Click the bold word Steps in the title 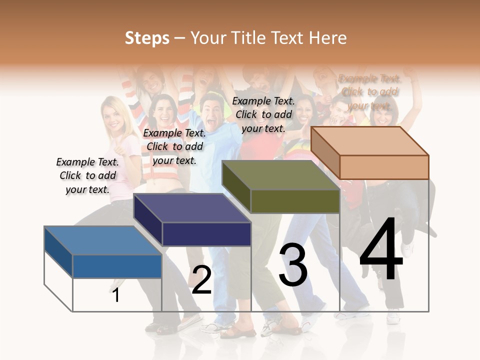point(147,38)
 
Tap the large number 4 point(381,249)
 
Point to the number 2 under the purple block point(201,280)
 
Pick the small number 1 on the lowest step point(116,295)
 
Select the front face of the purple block point(206,234)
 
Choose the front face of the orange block point(384,167)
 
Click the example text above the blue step point(87,176)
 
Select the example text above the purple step point(174,147)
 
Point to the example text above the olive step point(263,114)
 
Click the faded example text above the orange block point(369,92)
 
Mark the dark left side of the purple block point(148,219)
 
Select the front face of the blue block point(117,266)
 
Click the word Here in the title point(328,38)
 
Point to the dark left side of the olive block point(236,186)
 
